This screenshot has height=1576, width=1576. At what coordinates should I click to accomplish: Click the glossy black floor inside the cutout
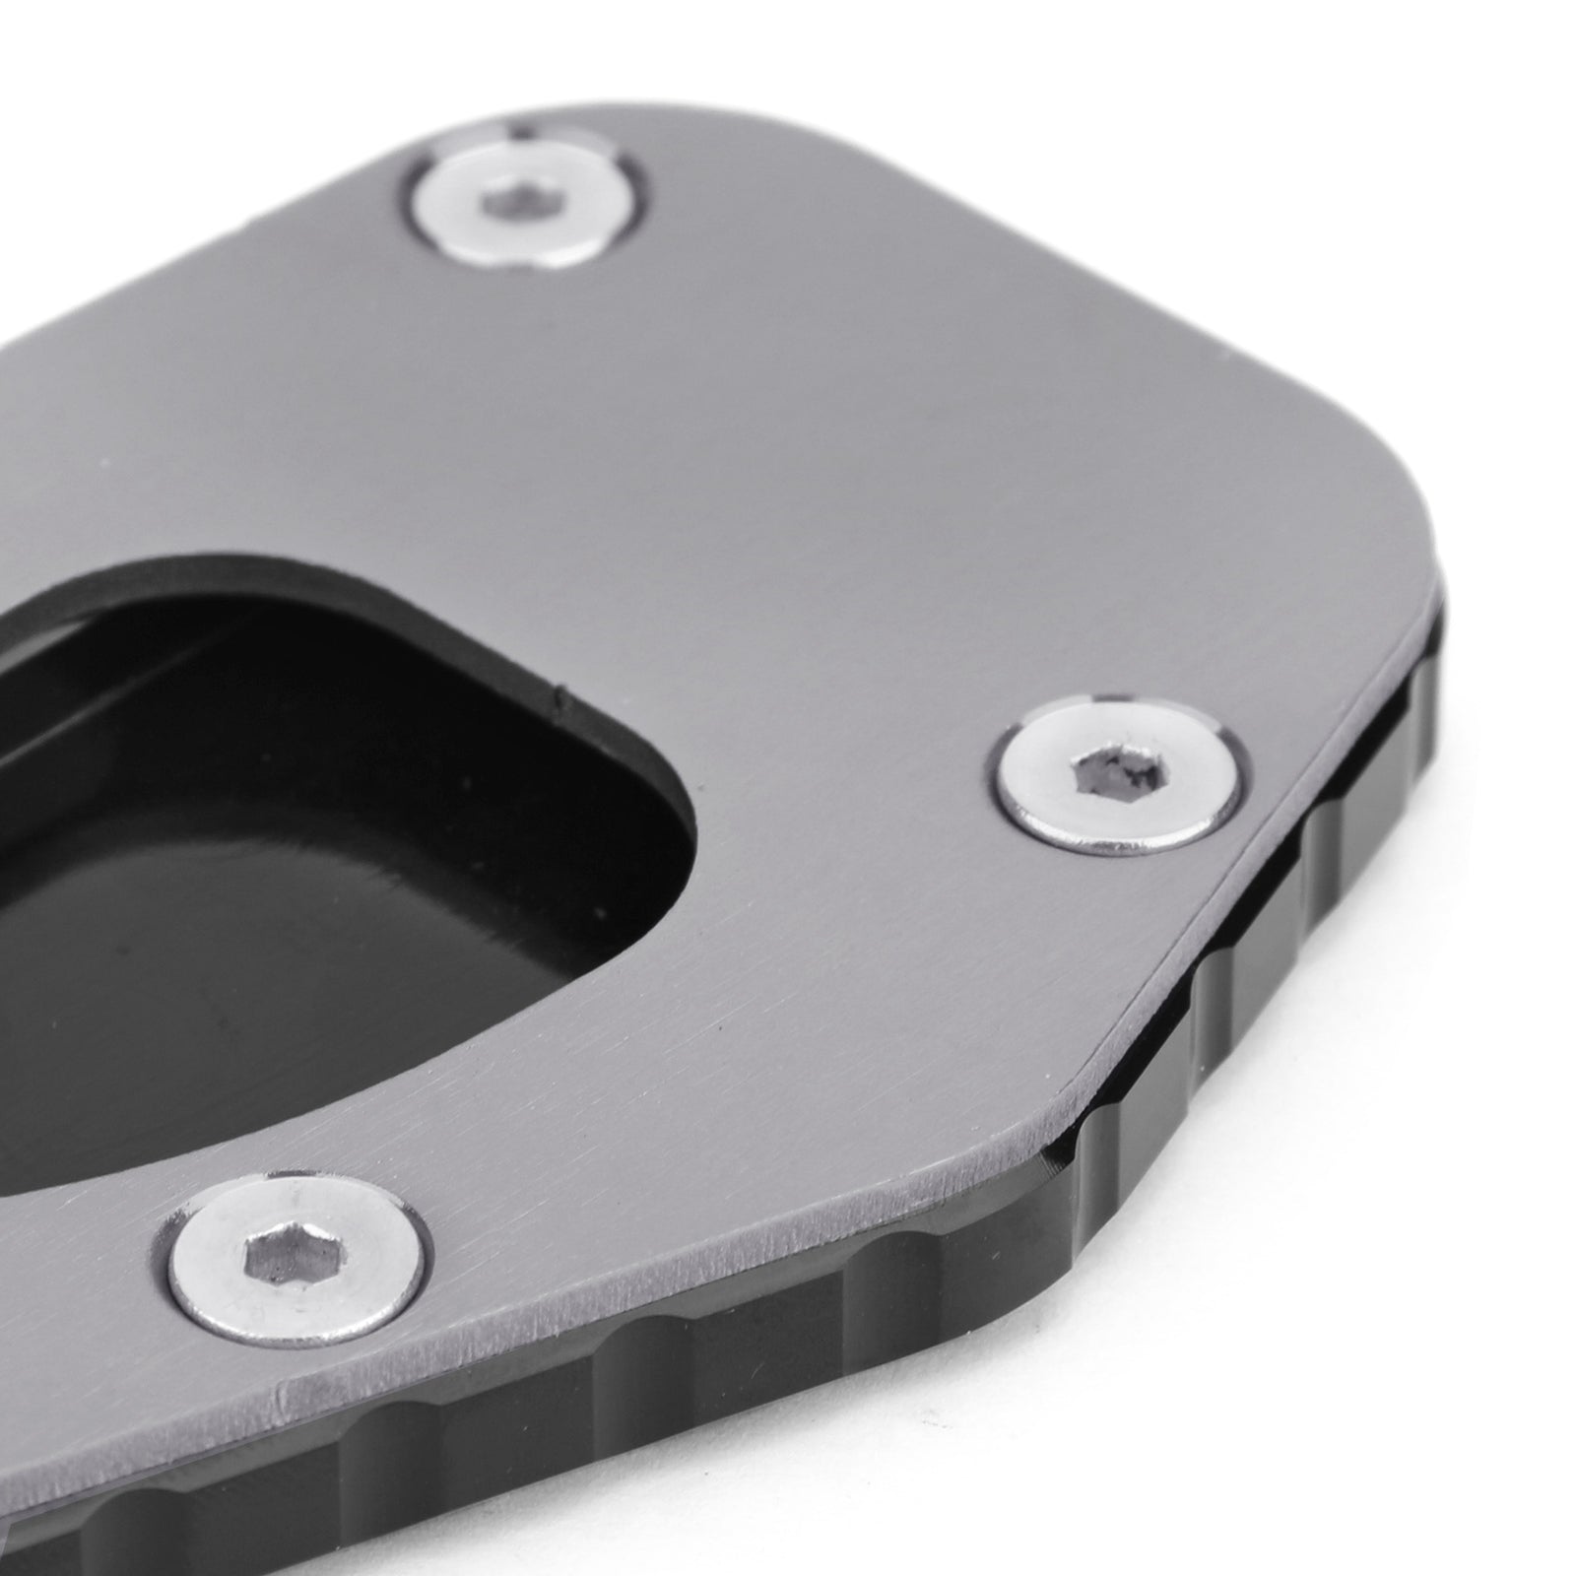(295, 936)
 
